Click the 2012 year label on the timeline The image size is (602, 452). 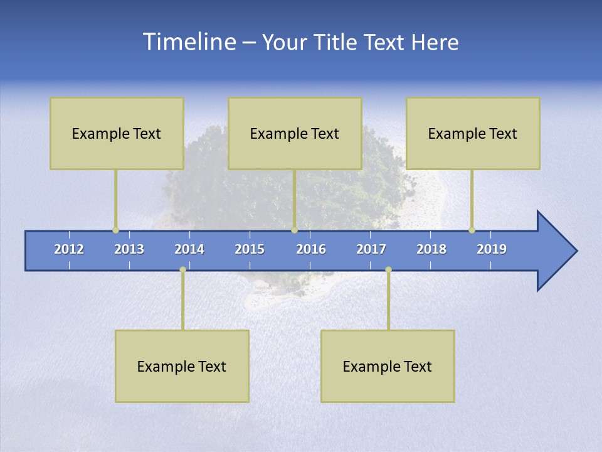click(69, 249)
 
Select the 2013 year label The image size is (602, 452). click(129, 249)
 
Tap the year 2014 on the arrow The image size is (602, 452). click(189, 249)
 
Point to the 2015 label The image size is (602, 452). click(250, 249)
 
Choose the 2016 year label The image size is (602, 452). click(311, 249)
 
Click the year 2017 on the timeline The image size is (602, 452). click(371, 249)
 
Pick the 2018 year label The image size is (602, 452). click(431, 249)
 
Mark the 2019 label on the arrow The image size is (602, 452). click(492, 249)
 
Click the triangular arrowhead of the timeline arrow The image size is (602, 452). click(555, 251)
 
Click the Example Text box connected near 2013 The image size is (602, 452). click(117, 134)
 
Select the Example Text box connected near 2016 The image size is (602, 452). click(295, 134)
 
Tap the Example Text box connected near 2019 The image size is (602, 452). click(473, 134)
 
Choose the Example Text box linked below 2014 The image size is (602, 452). click(182, 366)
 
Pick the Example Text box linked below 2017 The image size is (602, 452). click(388, 366)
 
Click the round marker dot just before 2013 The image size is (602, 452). click(115, 230)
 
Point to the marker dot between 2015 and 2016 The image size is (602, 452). click(294, 230)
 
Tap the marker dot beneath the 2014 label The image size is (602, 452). click(182, 269)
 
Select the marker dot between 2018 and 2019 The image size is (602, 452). click(472, 230)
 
